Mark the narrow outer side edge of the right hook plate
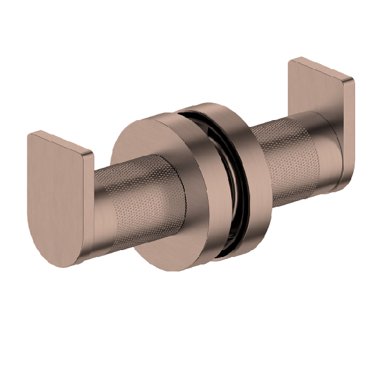349,132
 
